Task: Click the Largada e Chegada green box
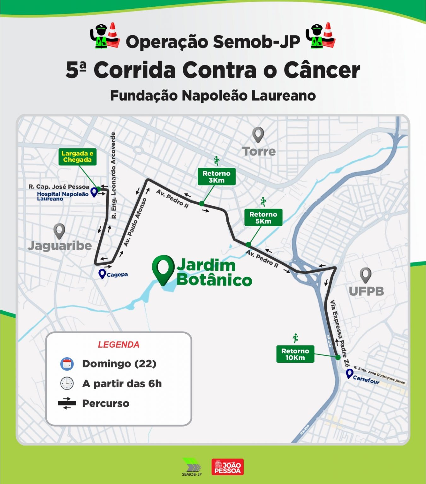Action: [77, 157]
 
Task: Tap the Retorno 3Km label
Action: [216, 177]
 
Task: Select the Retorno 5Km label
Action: [263, 218]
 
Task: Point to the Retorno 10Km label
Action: [295, 354]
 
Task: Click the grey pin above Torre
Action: [258, 135]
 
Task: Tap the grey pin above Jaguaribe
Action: [59, 231]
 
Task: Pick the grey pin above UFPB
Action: [365, 275]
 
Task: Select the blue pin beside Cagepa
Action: [102, 274]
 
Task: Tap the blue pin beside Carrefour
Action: [349, 374]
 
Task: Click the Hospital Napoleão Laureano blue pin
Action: [94, 192]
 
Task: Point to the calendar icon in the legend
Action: [67, 364]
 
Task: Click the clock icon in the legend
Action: [67, 383]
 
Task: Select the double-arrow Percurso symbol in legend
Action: [67, 403]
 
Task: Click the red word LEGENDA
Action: [119, 345]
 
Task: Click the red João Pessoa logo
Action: [227, 467]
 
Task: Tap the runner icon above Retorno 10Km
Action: [295, 338]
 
